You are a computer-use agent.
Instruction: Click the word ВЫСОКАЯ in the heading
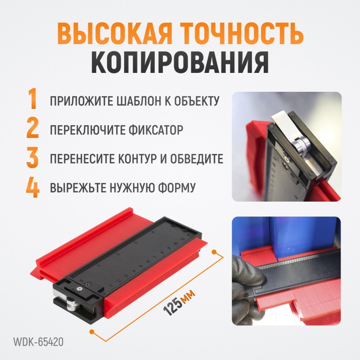tap(114, 34)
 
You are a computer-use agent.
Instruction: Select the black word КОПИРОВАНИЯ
tap(180, 62)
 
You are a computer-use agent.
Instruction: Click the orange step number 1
tap(33, 99)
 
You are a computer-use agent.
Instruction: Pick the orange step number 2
tap(32, 128)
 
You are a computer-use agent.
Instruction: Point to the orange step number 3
tap(32, 157)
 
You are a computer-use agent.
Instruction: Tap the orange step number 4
tap(32, 188)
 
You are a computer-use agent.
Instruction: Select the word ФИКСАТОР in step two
tap(156, 130)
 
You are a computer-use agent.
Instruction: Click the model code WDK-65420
tap(38, 342)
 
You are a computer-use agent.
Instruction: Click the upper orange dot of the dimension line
tap(214, 252)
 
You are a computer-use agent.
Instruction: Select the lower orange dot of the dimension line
tap(92, 332)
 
